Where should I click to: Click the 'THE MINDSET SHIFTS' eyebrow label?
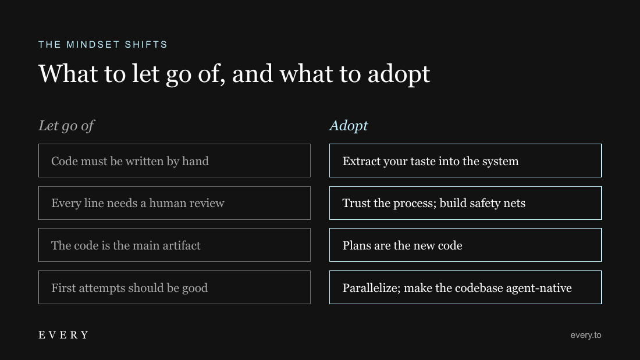pos(103,44)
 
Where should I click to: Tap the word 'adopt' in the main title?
pos(399,74)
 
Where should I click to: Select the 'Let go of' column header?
pos(66,126)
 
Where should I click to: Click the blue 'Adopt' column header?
pos(349,126)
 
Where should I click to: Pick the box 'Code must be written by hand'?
pos(175,161)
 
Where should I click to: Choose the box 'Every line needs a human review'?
pos(175,203)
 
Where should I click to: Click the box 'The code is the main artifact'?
pos(175,245)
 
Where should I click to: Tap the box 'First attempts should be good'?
pos(175,287)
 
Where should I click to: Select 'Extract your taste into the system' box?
pos(465,161)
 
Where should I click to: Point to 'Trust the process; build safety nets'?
pos(465,203)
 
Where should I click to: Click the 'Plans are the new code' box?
pos(465,245)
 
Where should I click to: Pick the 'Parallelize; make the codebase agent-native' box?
pos(465,287)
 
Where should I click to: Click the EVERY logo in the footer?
pos(63,335)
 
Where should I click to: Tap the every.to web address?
pos(586,335)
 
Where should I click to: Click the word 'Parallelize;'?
pos(371,288)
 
